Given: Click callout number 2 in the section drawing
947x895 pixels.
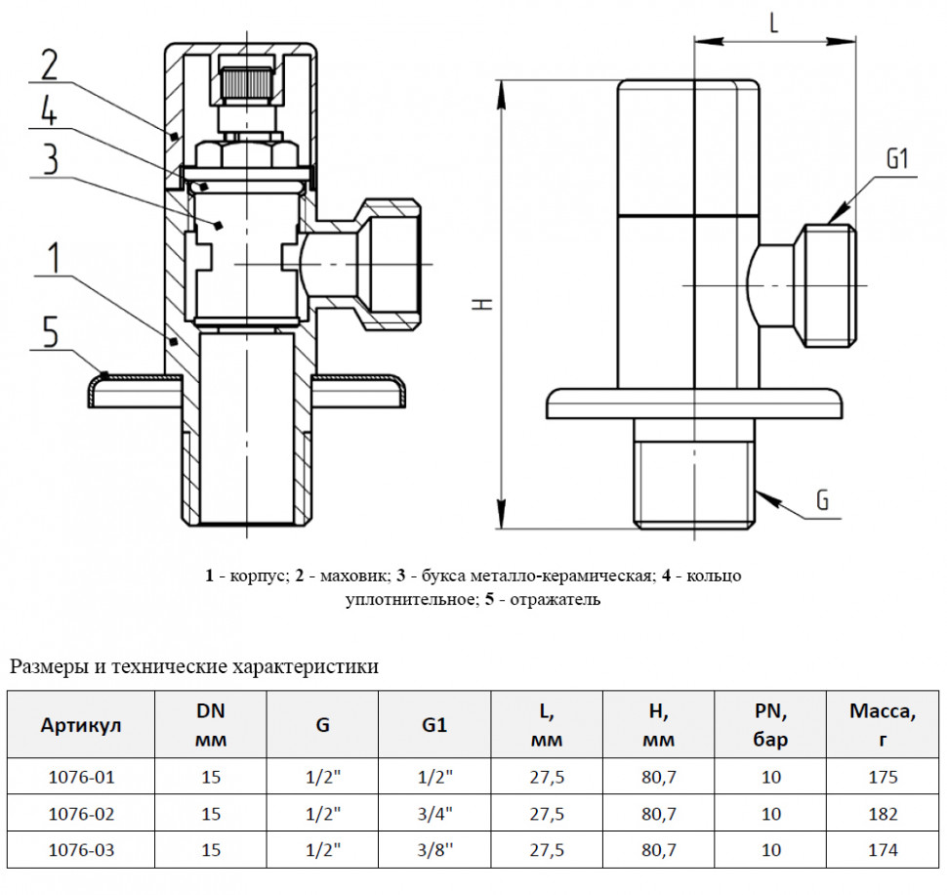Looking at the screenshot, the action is click(x=50, y=64).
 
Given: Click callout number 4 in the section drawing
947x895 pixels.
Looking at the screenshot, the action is click(x=50, y=111).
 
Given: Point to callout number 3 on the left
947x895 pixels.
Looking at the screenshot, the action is click(x=50, y=159).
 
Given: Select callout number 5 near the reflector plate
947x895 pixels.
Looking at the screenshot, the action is click(x=50, y=332).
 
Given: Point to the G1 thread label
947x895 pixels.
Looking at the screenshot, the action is click(x=897, y=159).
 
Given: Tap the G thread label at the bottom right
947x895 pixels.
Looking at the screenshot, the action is click(x=822, y=500).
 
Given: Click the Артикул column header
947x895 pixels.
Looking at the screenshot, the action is click(x=81, y=725).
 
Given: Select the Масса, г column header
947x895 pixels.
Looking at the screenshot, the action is click(x=883, y=725).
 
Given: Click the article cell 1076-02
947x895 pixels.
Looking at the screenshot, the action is click(x=81, y=814).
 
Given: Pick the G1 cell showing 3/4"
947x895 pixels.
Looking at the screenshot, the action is click(x=434, y=814).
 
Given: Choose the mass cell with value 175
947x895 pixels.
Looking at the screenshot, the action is click(x=883, y=777).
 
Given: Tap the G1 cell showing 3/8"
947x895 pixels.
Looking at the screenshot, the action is click(x=434, y=850).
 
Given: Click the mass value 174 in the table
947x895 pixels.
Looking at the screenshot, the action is click(x=883, y=850).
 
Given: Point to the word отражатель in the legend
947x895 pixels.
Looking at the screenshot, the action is click(x=556, y=600).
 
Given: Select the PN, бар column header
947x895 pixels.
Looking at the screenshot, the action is click(x=770, y=725).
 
